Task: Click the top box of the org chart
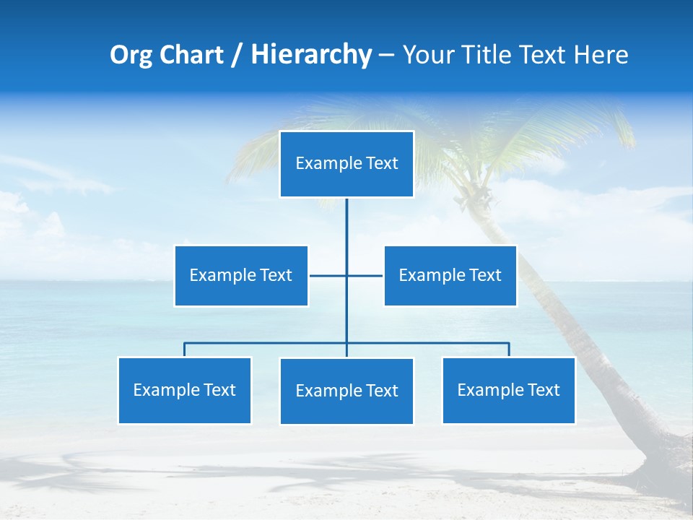click(346, 164)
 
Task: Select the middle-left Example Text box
click(241, 276)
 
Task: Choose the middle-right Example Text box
click(450, 276)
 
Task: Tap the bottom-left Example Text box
click(184, 391)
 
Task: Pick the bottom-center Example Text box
click(346, 391)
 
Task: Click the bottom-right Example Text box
click(508, 391)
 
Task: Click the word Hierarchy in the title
click(311, 55)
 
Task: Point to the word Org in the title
click(131, 55)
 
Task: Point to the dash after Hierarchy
click(386, 56)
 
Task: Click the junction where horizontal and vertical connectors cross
click(346, 275)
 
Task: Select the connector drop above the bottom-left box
click(184, 350)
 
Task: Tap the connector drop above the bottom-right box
click(509, 350)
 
